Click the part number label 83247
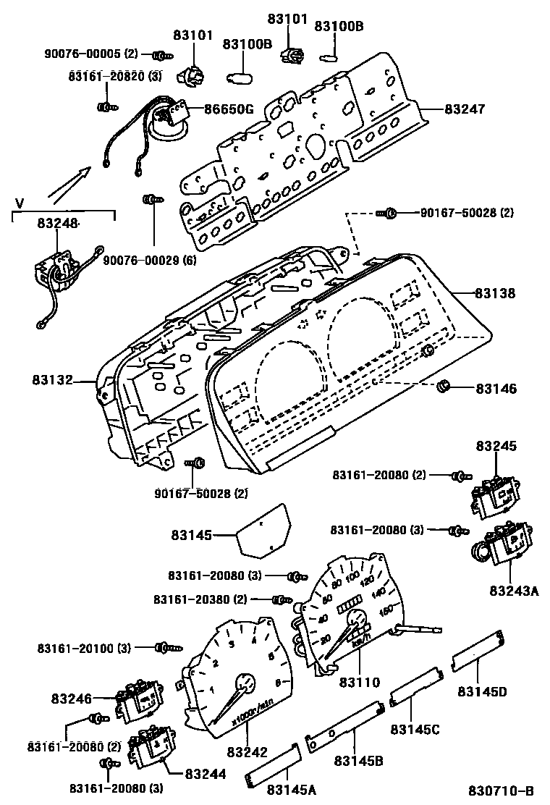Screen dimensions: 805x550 coord(465,109)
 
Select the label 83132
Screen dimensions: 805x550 coord(52,379)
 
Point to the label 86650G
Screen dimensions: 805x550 coord(228,110)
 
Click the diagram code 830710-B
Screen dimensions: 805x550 coord(502,790)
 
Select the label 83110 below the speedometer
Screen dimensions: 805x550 coord(360,681)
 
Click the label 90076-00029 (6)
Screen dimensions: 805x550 coord(150,260)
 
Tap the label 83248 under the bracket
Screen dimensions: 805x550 coord(58,225)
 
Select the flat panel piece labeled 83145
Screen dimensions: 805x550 coord(264,533)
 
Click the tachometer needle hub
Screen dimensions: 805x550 coord(245,683)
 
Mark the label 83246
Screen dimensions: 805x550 coord(72,699)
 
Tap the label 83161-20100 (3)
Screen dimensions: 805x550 coord(85,647)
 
